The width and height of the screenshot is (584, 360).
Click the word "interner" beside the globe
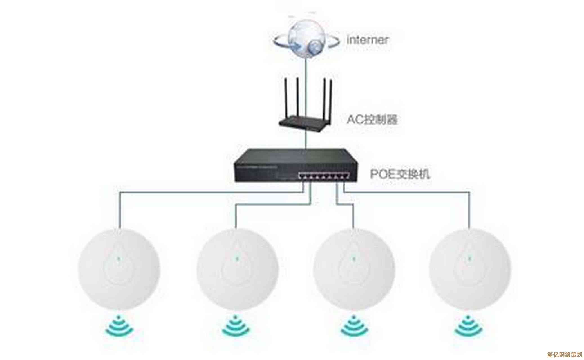[368, 40]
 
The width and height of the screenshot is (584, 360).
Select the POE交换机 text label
[400, 174]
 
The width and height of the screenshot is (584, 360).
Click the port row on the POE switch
[324, 177]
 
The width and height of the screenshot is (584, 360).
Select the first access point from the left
[119, 269]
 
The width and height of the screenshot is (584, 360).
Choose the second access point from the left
[237, 269]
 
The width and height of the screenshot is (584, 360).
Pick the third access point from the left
[354, 269]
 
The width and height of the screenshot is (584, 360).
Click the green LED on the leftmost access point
[118, 258]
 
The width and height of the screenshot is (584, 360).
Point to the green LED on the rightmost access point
[469, 258]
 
